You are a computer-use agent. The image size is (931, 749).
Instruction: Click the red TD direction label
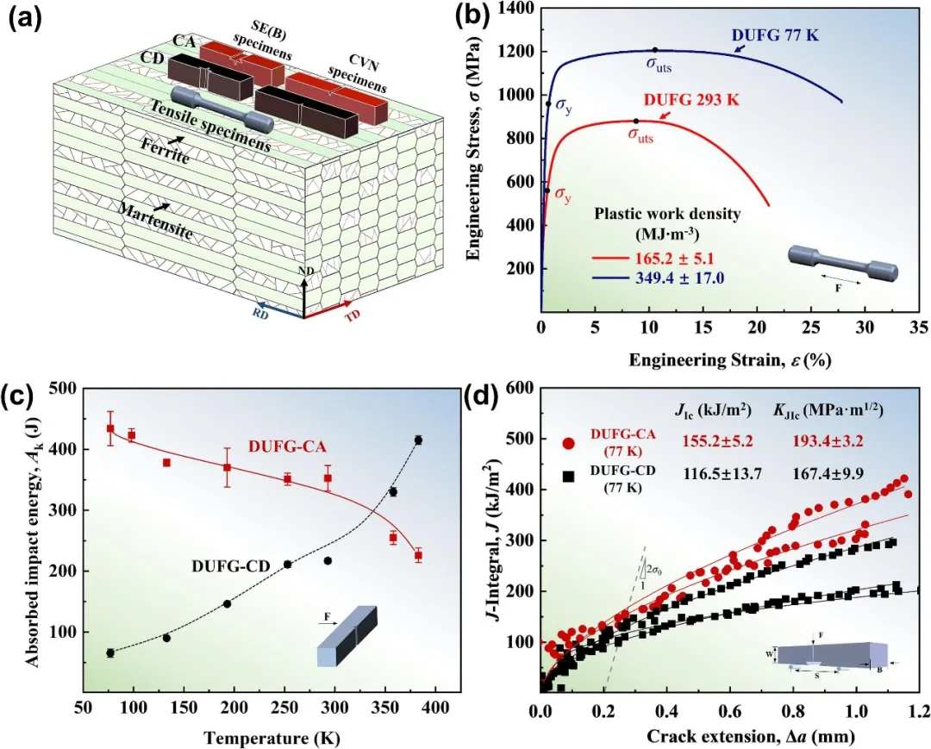click(x=353, y=314)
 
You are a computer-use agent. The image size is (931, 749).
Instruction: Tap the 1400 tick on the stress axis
click(x=516, y=8)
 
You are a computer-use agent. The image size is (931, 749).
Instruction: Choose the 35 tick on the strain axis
click(x=919, y=328)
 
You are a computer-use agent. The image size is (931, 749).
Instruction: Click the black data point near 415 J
click(x=418, y=440)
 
